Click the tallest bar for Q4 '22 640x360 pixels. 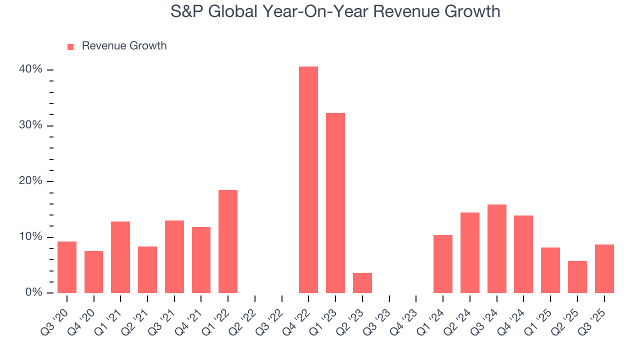308,180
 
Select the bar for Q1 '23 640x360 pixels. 335,203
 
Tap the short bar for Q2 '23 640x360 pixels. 362,283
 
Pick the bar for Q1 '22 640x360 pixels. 227,241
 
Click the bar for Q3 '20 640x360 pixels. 66,267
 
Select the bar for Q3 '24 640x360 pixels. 496,248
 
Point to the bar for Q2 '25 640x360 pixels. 577,277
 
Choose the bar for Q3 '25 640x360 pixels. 604,268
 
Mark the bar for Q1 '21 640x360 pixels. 120,257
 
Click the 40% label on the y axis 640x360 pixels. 30,69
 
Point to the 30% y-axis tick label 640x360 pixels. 30,125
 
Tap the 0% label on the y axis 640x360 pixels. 33,292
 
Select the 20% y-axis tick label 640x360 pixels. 30,181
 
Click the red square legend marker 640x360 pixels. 70,46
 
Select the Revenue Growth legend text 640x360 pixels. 124,46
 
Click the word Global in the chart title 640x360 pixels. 230,11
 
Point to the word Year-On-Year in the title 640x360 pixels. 310,11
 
